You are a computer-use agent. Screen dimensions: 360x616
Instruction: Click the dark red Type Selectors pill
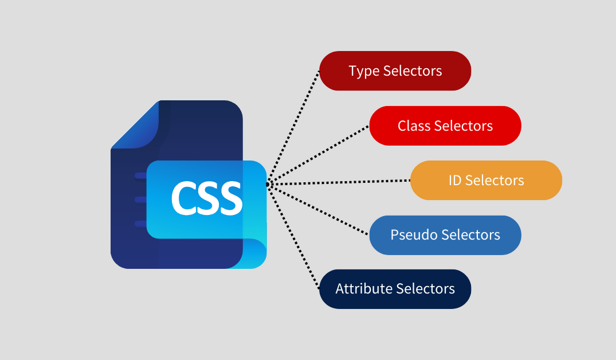click(x=395, y=71)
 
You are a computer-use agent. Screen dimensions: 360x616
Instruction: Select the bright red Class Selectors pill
click(x=445, y=126)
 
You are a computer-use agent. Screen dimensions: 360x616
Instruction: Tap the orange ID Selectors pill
click(x=486, y=180)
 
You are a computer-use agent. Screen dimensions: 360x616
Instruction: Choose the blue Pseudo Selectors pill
click(x=445, y=235)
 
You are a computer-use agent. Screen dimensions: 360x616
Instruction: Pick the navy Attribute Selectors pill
click(x=395, y=289)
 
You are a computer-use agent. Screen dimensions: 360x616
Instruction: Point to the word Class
click(x=414, y=126)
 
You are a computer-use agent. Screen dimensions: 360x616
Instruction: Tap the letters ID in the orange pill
click(x=455, y=181)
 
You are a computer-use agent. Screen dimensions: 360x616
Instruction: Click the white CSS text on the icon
click(x=206, y=198)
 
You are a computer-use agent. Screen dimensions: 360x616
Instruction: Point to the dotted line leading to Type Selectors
click(x=293, y=126)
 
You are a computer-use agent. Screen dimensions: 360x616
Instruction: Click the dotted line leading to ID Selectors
click(x=338, y=182)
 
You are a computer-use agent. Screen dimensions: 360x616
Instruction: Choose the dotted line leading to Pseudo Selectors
click(x=318, y=209)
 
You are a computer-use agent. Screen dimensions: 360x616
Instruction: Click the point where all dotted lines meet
click(x=267, y=184)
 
